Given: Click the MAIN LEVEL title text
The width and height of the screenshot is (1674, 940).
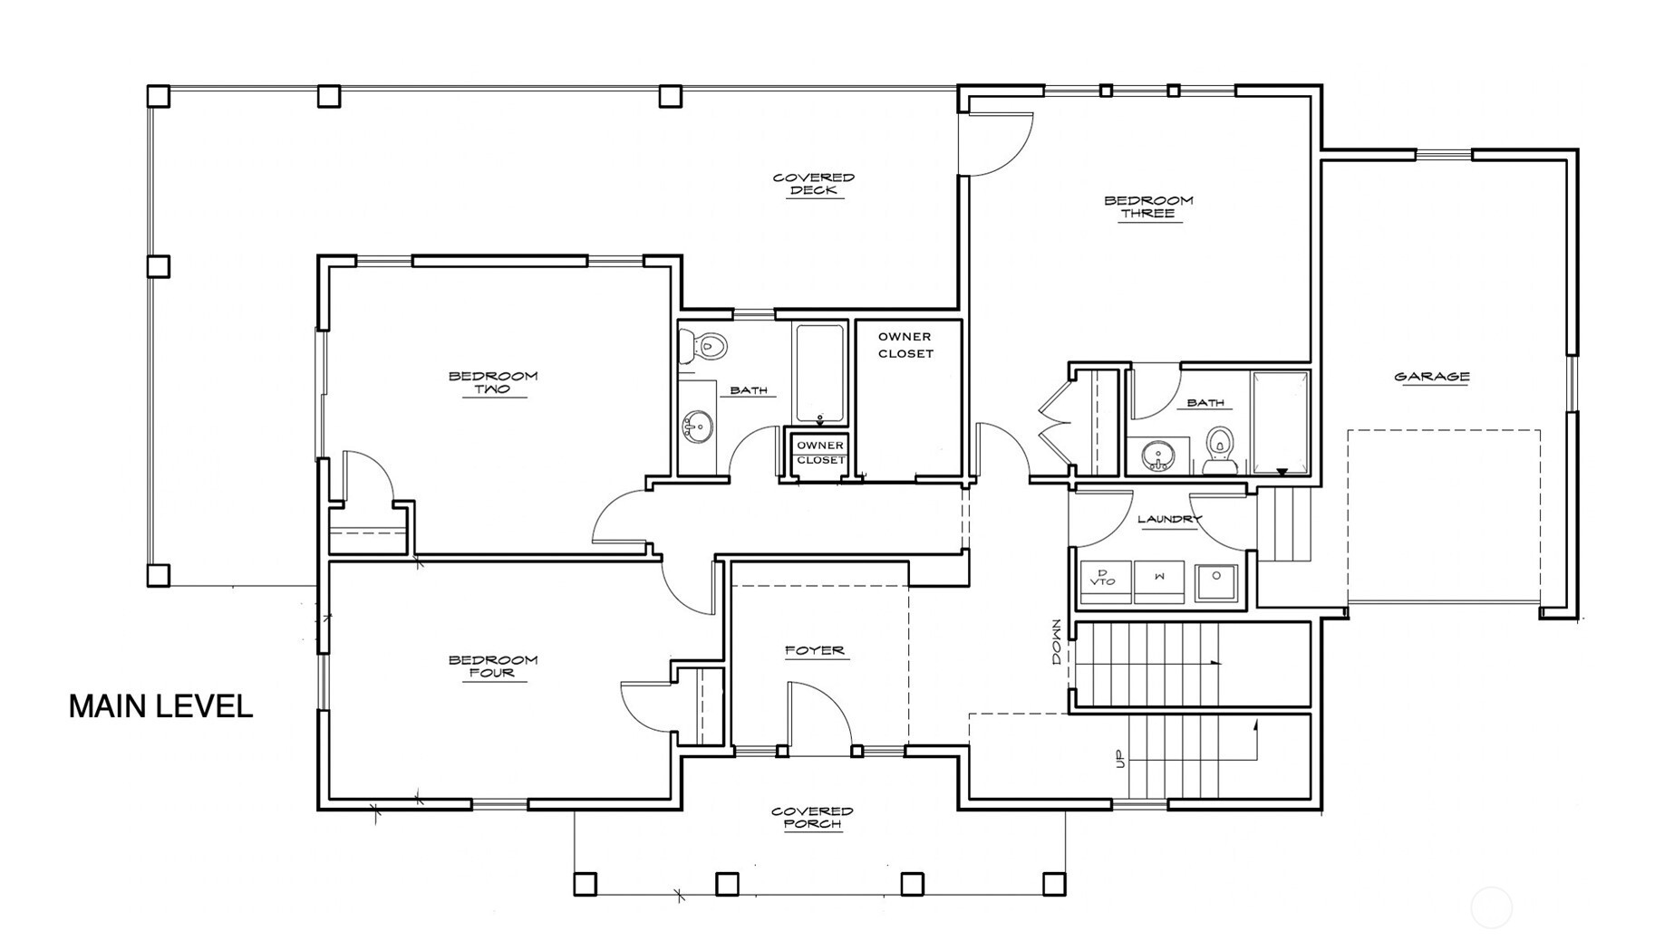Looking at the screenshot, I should click(x=160, y=706).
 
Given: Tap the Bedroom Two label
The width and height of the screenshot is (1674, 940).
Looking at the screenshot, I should click(x=493, y=382).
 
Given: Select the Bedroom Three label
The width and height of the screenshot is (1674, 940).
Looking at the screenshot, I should click(x=1148, y=206).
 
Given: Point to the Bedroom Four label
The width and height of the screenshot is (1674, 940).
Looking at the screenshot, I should click(x=493, y=666).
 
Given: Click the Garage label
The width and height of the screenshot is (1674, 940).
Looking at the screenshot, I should click(x=1432, y=377).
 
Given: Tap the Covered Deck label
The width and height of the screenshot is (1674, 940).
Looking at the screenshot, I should click(x=814, y=184).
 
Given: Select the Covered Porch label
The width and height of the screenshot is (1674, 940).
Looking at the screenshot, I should click(x=812, y=817).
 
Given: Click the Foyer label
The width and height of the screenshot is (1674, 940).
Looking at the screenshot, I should click(x=815, y=650).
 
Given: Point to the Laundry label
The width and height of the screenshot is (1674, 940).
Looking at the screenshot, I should click(x=1168, y=519).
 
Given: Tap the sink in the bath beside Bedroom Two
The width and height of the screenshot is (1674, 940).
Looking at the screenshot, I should click(x=698, y=426).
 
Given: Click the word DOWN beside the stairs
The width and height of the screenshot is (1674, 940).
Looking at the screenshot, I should click(x=1056, y=642).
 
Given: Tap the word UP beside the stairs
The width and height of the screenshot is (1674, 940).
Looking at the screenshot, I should click(x=1119, y=759).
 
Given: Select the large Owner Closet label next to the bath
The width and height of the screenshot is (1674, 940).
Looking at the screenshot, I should click(x=905, y=345).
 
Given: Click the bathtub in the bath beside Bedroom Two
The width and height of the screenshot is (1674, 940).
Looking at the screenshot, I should click(x=820, y=373).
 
